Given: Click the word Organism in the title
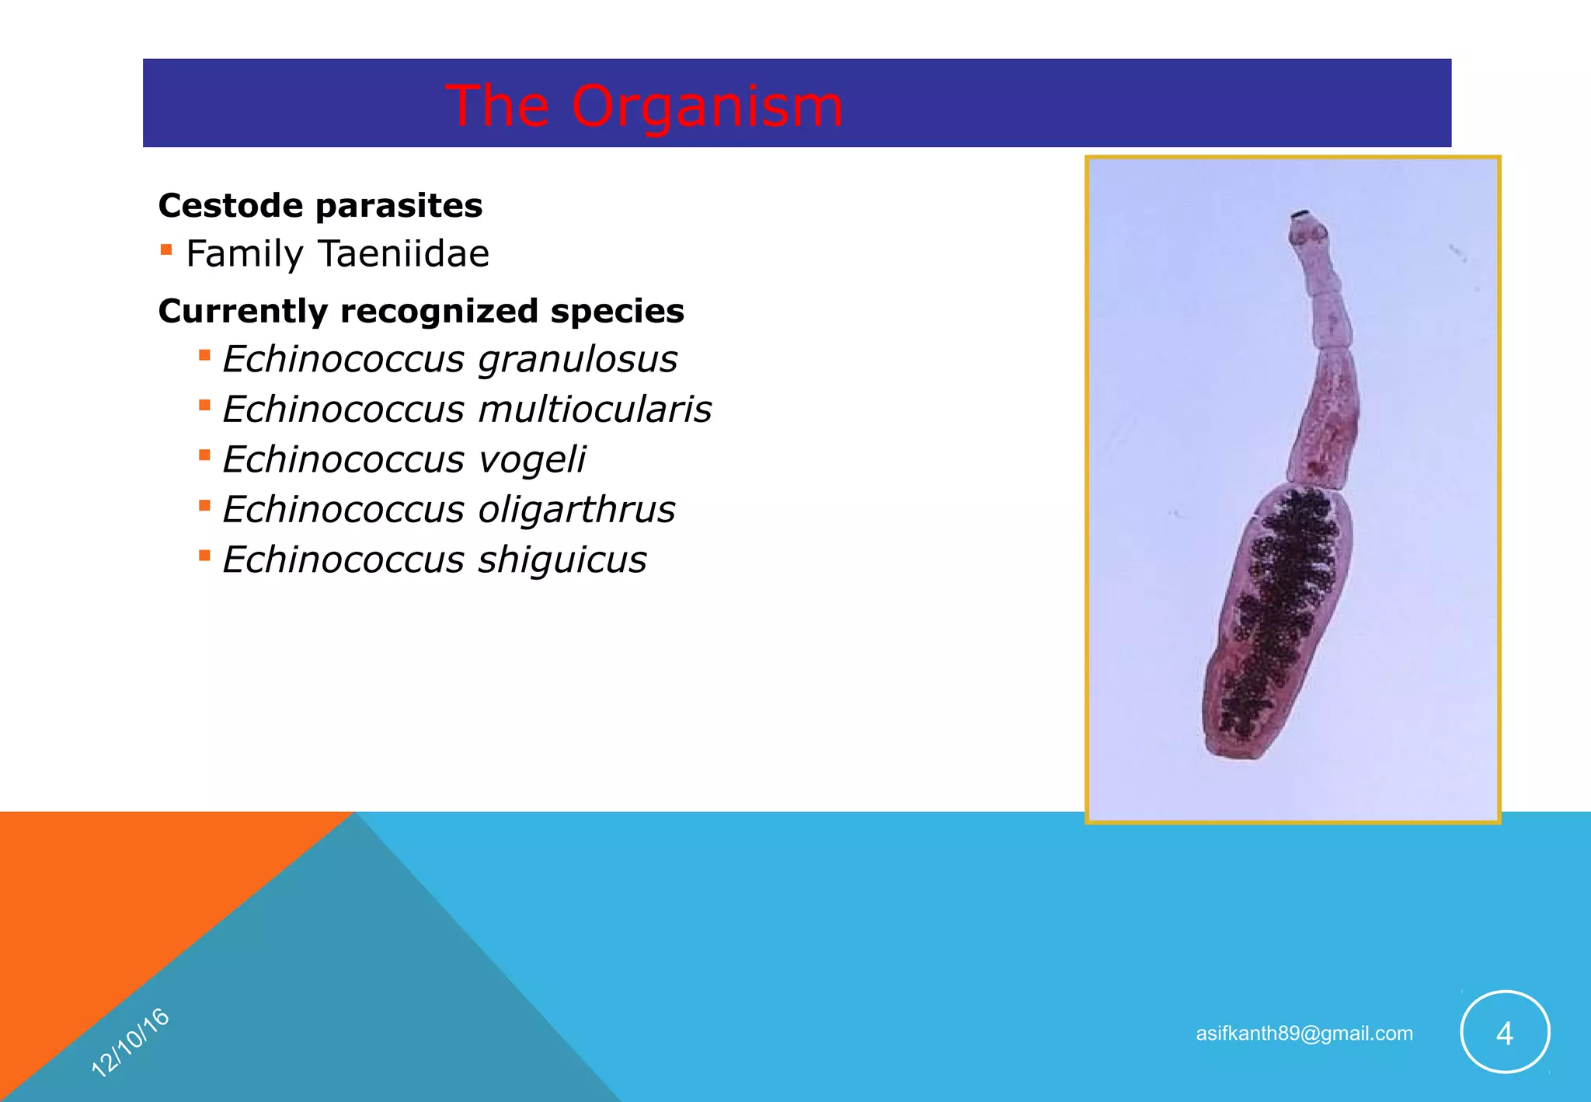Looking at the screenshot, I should pos(707,106).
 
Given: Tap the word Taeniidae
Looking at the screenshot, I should pos(404,254).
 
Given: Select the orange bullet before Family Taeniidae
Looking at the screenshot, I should pos(166,250).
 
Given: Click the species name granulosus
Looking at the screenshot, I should pos(577,360).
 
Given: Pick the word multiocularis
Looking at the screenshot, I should pos(594,410).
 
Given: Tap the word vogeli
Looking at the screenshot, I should pos(531,459).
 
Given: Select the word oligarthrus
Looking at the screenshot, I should pos(576,510).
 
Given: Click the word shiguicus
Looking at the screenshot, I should pos(562,560).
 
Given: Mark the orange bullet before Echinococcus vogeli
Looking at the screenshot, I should pos(204,455).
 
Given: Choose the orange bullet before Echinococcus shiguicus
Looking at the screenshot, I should pos(204,556).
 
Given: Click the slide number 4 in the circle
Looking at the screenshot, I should pos(1505,1033).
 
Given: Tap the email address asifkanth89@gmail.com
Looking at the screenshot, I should pos(1304,1034).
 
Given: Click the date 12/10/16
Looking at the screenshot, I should pos(131,1043).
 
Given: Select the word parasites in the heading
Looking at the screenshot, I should pos(399,206).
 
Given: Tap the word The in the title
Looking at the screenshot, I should pos(497,106).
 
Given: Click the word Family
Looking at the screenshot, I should pos(245,254).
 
